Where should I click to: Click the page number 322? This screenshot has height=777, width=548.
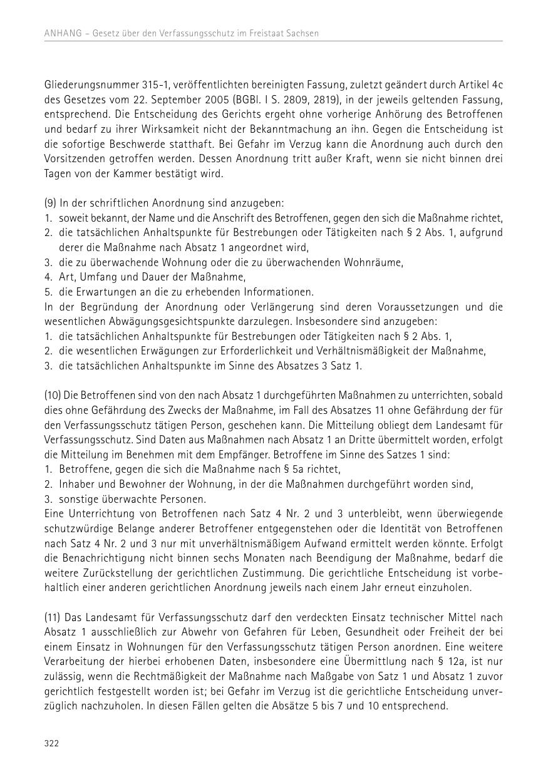click(x=51, y=743)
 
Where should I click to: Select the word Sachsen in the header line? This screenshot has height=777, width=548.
click(x=302, y=33)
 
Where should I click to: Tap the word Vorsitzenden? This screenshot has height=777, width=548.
click(x=74, y=158)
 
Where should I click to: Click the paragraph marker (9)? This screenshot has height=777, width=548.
click(x=51, y=203)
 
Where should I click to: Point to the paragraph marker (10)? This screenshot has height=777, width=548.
click(x=54, y=396)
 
